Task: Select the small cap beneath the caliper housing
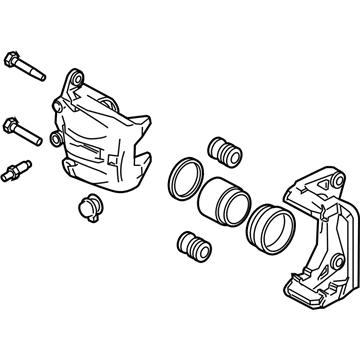coord(89,209)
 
